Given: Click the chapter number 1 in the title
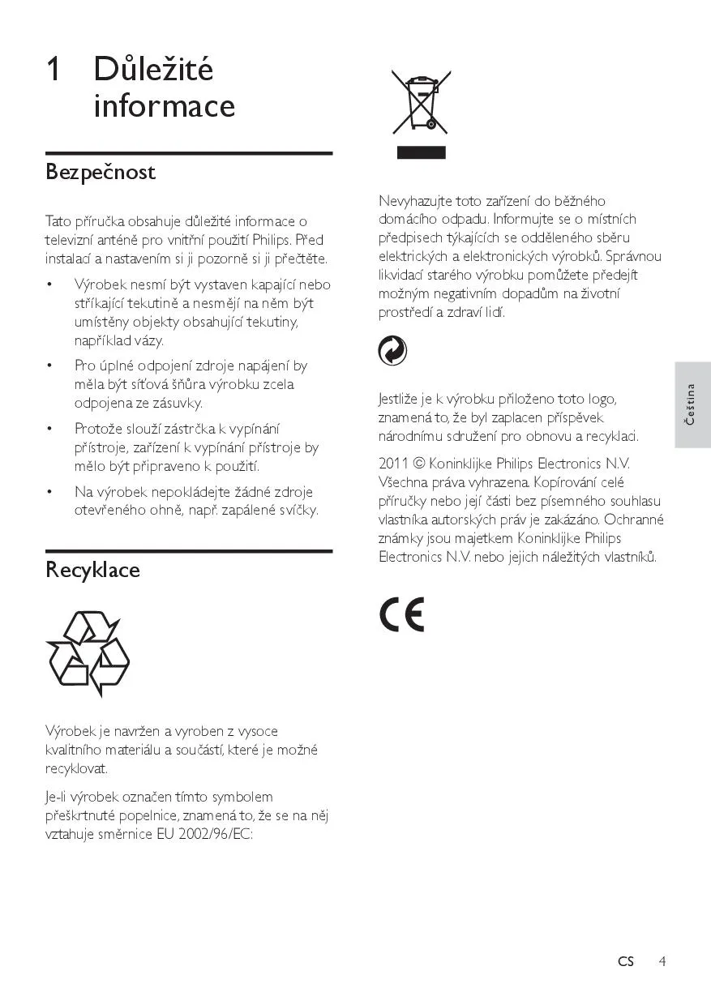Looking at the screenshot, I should tap(54, 70).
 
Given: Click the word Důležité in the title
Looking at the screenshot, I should tap(153, 70).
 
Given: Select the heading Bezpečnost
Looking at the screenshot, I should tap(101, 173).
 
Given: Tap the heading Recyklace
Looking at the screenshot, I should tap(92, 570).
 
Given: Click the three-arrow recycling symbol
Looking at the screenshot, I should tap(88, 653).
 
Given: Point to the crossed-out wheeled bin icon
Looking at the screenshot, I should tap(421, 102).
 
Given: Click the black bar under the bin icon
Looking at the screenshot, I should tap(421, 152).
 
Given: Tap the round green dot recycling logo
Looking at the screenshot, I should tap(393, 351).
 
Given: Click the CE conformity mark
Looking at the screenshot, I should tap(401, 616).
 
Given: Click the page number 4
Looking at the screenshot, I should tap(662, 961).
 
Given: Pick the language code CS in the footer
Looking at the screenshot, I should tap(625, 961).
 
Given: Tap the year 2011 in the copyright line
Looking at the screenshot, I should tap(393, 464).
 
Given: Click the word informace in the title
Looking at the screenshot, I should tap(165, 106).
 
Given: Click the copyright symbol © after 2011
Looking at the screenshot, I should tap(419, 464).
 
